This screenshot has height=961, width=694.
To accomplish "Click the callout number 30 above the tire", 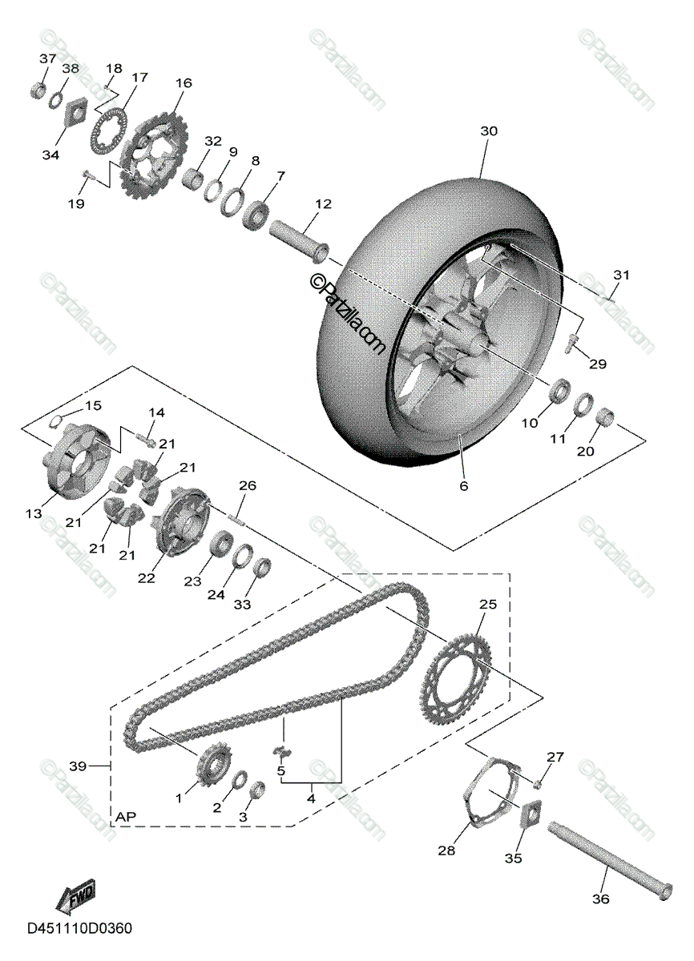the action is pyautogui.click(x=490, y=131).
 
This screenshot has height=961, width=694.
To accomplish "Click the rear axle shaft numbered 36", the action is pyautogui.click(x=609, y=859).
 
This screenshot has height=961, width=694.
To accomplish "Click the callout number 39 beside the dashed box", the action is pyautogui.click(x=79, y=766).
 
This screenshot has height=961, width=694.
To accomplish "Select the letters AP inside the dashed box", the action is pyautogui.click(x=125, y=816).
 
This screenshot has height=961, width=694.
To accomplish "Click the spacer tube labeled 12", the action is pyautogui.click(x=300, y=239).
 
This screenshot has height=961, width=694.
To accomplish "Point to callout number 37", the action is pyautogui.click(x=47, y=59).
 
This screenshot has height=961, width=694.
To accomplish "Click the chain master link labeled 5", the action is pyautogui.click(x=280, y=750).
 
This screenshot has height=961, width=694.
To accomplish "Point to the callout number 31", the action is pyautogui.click(x=622, y=275).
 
